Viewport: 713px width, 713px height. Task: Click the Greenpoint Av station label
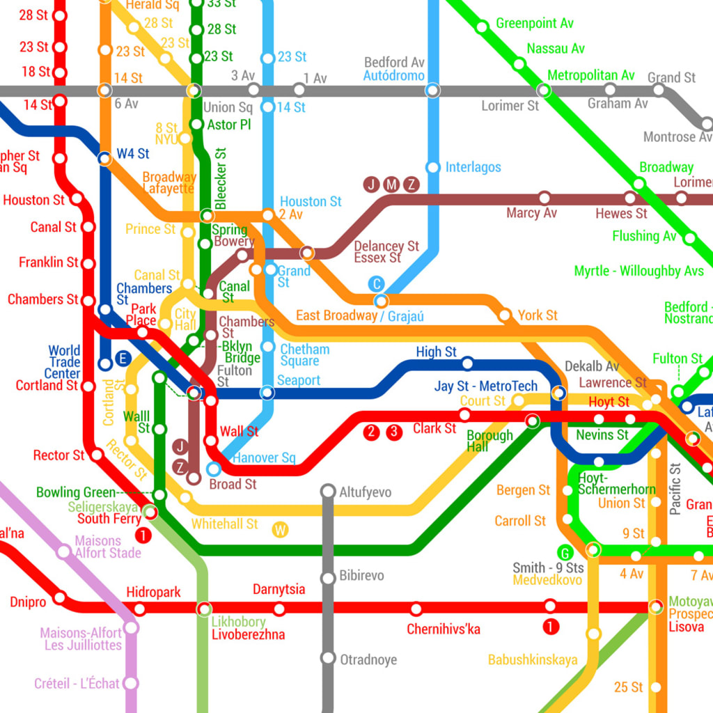click(534, 24)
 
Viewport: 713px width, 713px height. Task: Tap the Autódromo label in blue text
click(393, 75)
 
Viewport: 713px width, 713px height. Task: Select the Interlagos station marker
click(433, 167)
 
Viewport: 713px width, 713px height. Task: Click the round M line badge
click(392, 185)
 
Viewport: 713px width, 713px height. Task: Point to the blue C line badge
click(376, 283)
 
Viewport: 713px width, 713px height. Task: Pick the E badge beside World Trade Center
click(123, 359)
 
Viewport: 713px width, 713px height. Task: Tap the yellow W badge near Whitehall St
click(281, 530)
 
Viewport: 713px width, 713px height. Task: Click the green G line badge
click(565, 553)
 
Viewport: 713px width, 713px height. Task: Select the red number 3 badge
click(395, 432)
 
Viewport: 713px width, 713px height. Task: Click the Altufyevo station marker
click(328, 492)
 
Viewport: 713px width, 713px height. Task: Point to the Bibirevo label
click(361, 576)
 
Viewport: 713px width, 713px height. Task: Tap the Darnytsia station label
click(279, 590)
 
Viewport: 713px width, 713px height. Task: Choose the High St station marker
click(468, 363)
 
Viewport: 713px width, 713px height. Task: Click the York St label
click(538, 315)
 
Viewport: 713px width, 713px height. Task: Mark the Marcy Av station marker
click(544, 198)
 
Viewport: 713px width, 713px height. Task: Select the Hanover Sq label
click(264, 458)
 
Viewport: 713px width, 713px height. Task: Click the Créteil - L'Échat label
click(77, 684)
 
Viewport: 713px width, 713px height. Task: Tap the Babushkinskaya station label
click(532, 660)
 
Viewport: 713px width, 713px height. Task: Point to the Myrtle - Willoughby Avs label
click(638, 271)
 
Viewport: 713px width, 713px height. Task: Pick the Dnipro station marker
click(61, 597)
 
